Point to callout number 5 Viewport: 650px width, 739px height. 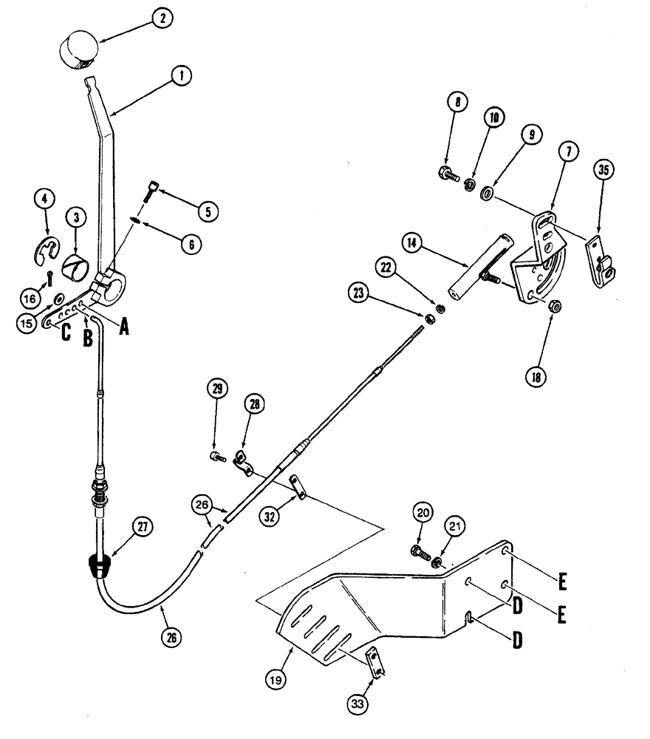[x=208, y=211]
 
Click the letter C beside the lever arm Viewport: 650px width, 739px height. [x=66, y=332]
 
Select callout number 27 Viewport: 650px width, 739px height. [x=141, y=527]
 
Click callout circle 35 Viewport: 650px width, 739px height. [x=603, y=171]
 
